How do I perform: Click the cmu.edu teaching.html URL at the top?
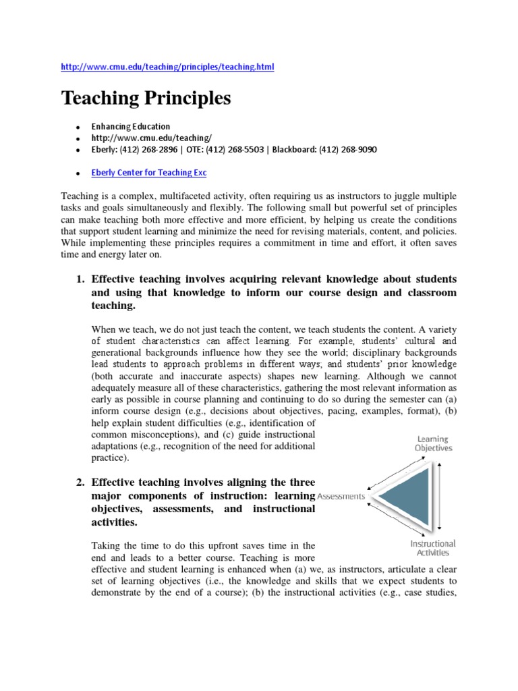(168, 67)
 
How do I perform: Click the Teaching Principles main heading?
(146, 99)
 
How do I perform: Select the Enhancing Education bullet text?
(131, 126)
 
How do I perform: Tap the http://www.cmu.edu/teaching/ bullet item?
(137, 138)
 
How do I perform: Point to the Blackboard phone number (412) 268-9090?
(348, 149)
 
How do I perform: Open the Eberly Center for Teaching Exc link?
(149, 172)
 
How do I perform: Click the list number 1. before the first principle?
(80, 279)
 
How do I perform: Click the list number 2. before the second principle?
(80, 482)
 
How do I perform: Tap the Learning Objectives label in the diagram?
(433, 443)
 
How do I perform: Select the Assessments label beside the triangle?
(341, 496)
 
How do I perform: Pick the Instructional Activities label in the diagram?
(433, 547)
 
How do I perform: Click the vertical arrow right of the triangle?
(440, 496)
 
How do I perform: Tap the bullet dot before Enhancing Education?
(78, 127)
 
